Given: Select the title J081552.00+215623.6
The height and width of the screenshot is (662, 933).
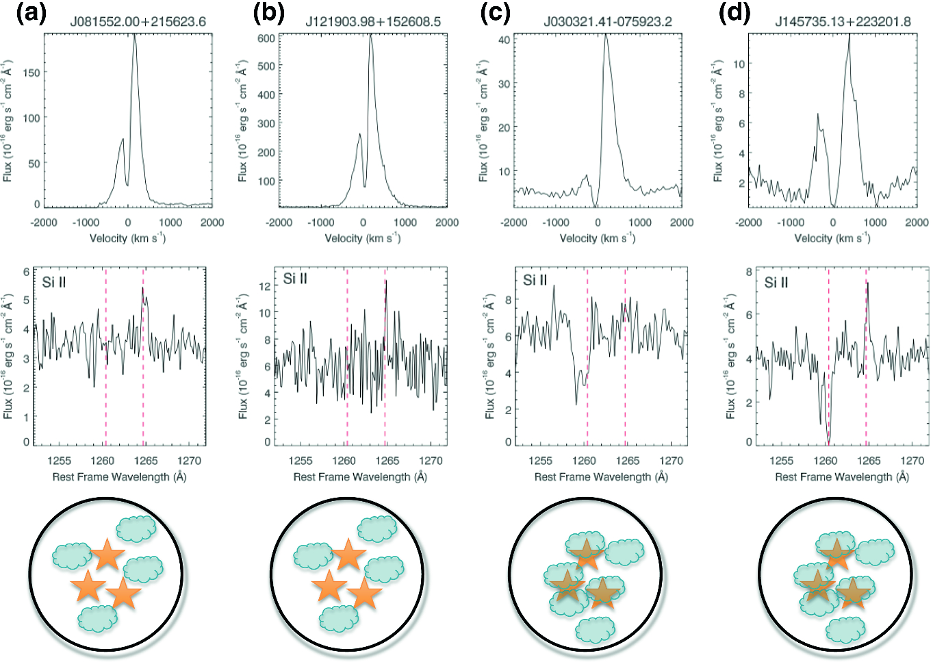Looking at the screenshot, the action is click(x=138, y=22).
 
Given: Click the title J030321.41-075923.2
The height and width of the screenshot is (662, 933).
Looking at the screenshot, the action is click(x=608, y=22).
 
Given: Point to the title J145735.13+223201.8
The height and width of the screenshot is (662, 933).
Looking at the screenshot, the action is click(x=843, y=22).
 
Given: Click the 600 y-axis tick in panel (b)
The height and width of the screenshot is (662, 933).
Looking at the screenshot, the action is click(x=266, y=38).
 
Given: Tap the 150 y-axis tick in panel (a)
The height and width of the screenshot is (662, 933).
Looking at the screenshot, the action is click(x=31, y=73).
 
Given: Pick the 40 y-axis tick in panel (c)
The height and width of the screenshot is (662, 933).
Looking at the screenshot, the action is click(x=504, y=40).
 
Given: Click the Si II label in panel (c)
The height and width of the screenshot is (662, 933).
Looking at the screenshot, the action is click(x=535, y=281).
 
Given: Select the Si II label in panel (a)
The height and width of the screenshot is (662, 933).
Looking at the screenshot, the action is click(x=53, y=283).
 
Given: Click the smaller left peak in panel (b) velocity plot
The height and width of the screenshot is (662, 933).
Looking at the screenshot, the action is click(x=359, y=135).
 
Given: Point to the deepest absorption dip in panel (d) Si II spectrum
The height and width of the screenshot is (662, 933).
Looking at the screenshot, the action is click(x=828, y=444).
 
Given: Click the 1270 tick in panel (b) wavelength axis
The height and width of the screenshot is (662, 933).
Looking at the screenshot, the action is click(x=431, y=461).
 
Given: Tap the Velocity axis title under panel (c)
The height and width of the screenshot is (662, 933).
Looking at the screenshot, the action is click(x=598, y=238).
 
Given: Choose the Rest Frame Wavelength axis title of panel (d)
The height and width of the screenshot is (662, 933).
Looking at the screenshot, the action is click(x=842, y=476).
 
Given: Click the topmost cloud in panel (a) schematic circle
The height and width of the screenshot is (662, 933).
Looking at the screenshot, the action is click(x=136, y=529).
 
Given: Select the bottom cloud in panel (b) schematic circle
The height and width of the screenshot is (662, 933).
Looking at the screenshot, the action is click(x=339, y=619).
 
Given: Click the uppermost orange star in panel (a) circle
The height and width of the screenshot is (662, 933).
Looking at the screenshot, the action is click(x=107, y=554).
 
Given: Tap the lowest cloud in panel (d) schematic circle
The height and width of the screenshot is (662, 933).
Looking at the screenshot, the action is click(x=845, y=631).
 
